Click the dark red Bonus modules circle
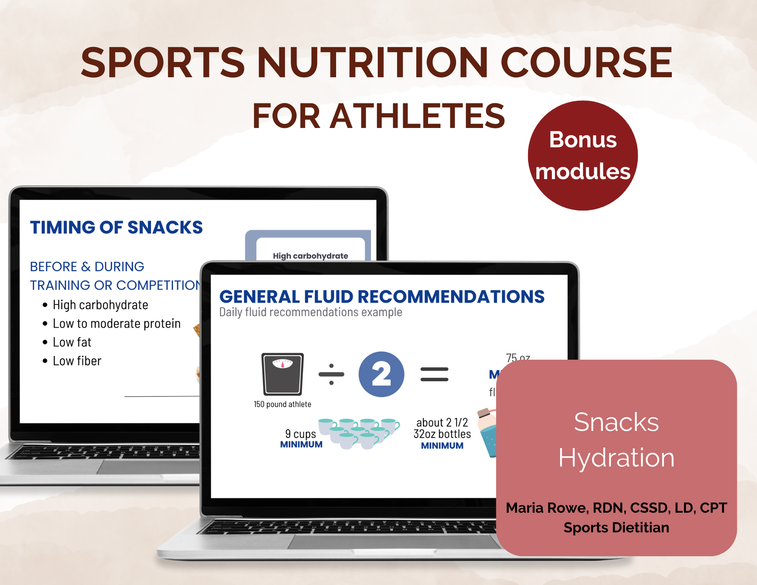[x=583, y=156]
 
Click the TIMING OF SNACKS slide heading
[x=116, y=227]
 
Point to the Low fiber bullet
[x=77, y=361]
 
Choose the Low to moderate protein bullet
[x=117, y=324]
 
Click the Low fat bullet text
[x=72, y=342]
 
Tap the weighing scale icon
[x=282, y=374]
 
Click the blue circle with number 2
[x=381, y=374]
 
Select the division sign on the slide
[x=331, y=374]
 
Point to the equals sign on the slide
[x=434, y=374]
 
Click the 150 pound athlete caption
[x=282, y=404]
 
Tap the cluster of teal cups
[x=358, y=433]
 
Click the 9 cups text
[x=301, y=434]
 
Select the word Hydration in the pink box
[x=616, y=457]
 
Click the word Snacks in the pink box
[x=616, y=422]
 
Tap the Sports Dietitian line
[x=616, y=527]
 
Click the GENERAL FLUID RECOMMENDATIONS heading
[x=382, y=296]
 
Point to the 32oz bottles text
[x=442, y=434]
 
